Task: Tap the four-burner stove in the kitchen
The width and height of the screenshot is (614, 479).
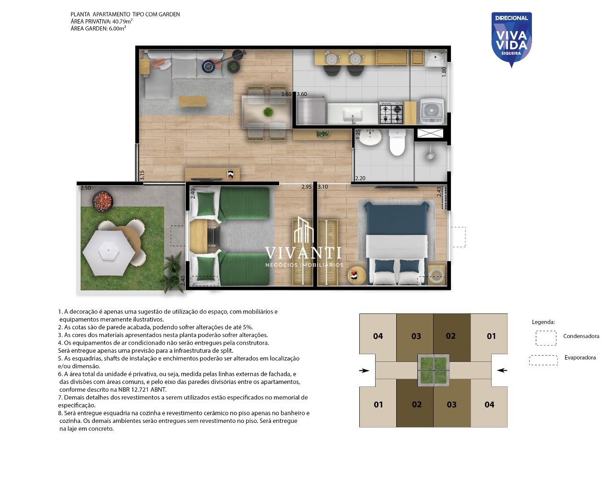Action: pos(391,113)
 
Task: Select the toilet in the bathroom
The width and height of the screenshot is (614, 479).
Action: pos(397,143)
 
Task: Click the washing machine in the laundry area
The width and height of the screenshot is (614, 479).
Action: pos(432,111)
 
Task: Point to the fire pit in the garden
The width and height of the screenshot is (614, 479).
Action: pos(102,200)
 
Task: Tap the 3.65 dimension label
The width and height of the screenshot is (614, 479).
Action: pos(286,94)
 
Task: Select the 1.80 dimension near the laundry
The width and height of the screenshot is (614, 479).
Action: pos(444,72)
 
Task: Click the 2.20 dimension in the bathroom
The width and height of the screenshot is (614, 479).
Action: pos(360,178)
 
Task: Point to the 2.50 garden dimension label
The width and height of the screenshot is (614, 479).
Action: pos(86,188)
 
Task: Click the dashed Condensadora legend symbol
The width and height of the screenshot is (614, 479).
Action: pos(546,338)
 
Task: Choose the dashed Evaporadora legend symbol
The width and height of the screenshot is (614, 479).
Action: pos(543,360)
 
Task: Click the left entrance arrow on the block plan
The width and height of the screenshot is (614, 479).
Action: pos(364,371)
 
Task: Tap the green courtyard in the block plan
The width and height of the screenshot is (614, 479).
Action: pos(434,371)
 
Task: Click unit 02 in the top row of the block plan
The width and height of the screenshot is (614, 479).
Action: pos(451,336)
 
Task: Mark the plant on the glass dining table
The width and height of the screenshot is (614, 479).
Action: pos(268,112)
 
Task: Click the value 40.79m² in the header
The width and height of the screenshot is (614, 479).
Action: pos(122,21)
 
